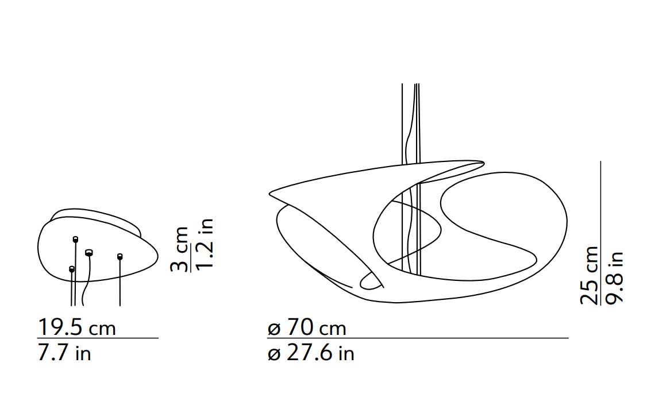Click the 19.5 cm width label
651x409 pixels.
tap(77, 327)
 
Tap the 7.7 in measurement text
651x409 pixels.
tap(64, 353)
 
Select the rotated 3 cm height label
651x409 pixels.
tap(179, 249)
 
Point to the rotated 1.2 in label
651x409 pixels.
tap(205, 244)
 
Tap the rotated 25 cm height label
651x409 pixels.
tap(590, 275)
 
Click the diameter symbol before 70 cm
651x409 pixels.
tap(274, 329)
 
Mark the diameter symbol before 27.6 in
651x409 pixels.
tap(274, 355)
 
